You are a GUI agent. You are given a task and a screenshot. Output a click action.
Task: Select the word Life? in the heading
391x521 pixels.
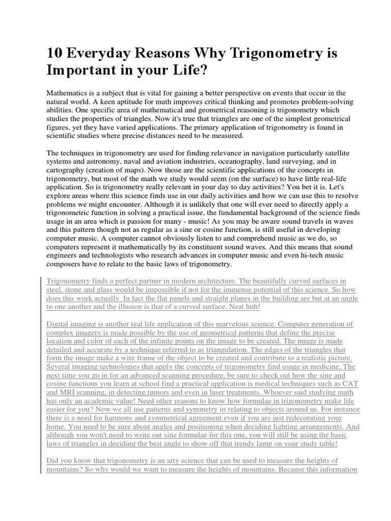190,70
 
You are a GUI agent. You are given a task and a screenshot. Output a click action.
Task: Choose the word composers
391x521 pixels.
65,264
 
